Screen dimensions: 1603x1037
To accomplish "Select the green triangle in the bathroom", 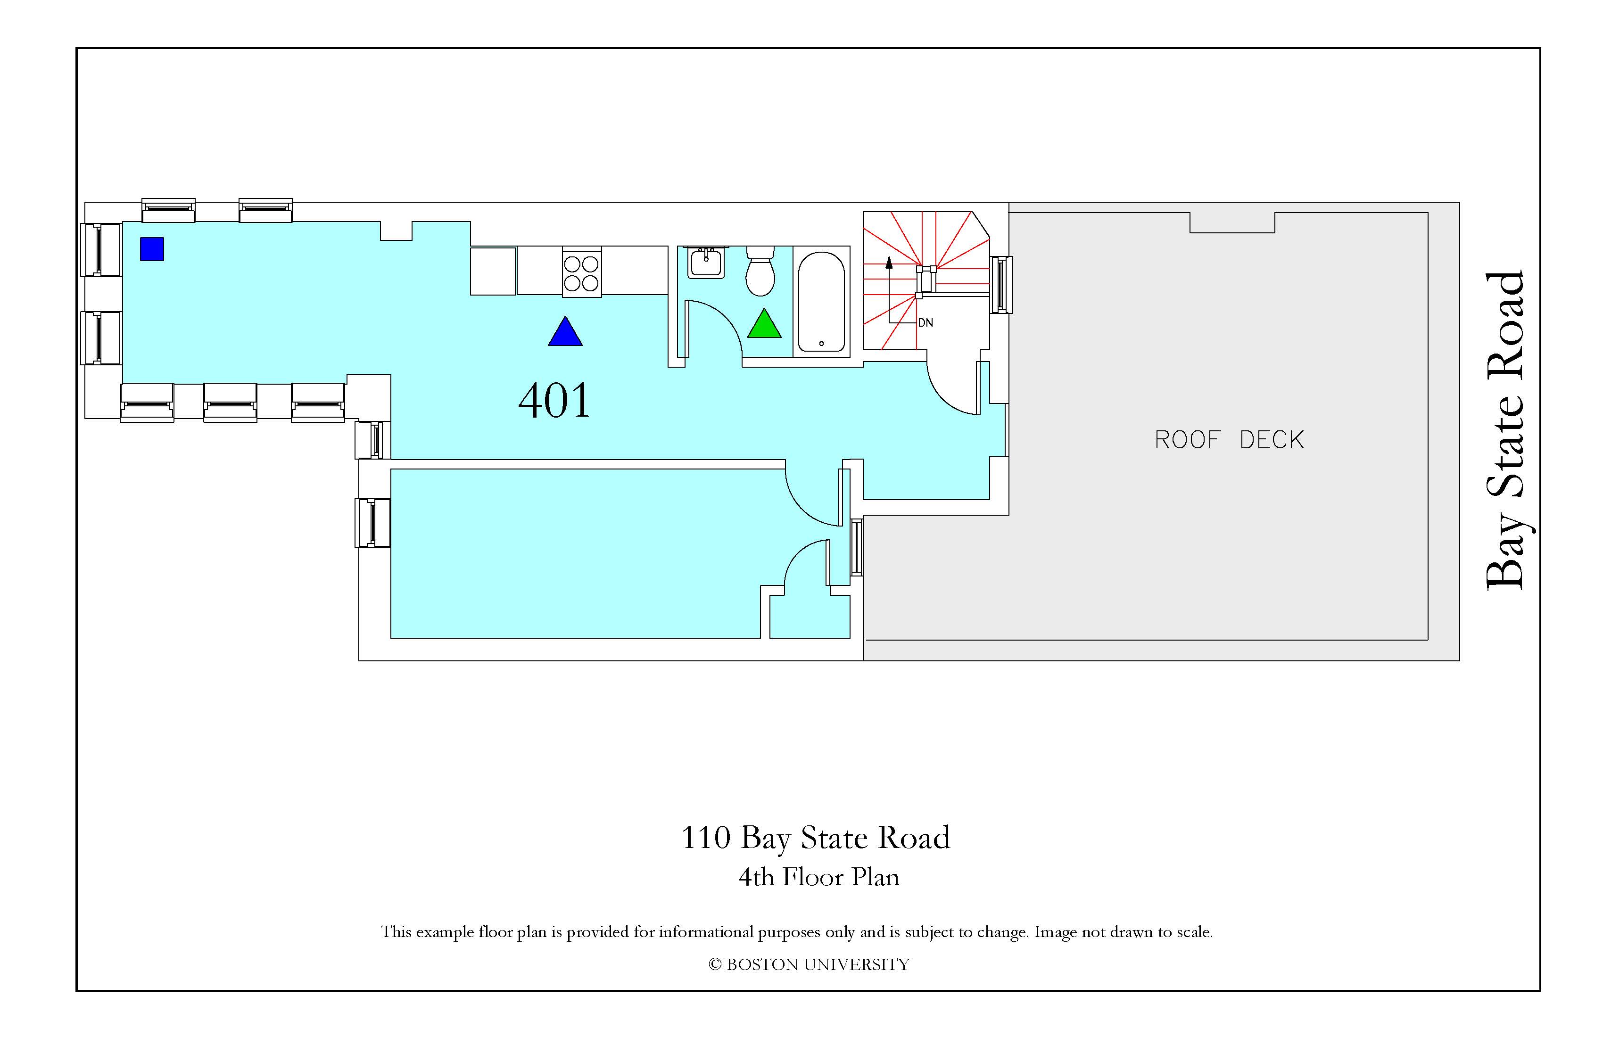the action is (x=764, y=324).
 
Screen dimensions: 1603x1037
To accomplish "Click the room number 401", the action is (x=554, y=401).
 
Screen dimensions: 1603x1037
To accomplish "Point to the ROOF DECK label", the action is (x=1229, y=440).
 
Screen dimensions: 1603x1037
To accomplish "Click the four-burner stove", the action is (x=581, y=272).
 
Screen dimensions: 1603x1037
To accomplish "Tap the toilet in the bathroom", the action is (x=761, y=271).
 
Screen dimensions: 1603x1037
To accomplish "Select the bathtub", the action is (x=821, y=302).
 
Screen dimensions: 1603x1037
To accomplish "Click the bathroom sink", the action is (x=706, y=262).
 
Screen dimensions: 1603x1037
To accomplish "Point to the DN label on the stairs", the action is (x=925, y=322).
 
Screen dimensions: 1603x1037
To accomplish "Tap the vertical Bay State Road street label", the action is (x=1504, y=431).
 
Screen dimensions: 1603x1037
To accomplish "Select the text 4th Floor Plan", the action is (x=819, y=877).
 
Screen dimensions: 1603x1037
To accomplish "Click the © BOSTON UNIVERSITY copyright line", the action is (x=809, y=965).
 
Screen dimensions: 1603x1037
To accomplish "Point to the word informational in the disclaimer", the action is (x=707, y=932).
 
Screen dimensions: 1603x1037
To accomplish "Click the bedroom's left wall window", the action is (x=372, y=523).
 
